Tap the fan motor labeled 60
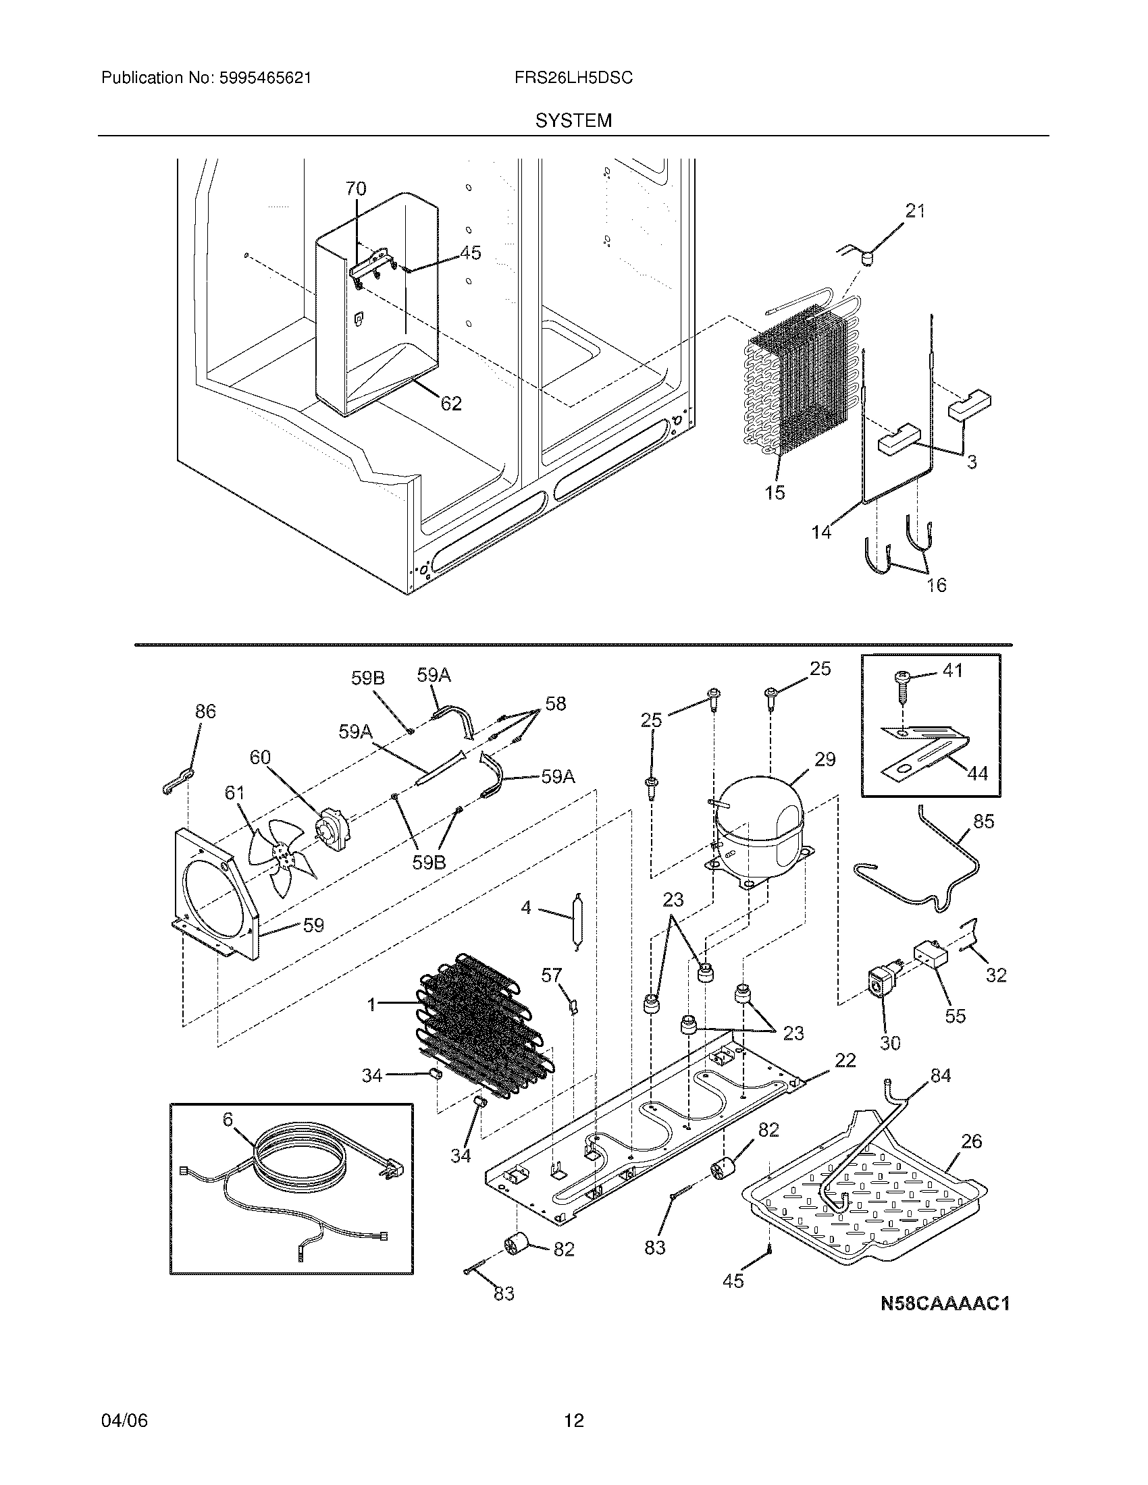(334, 830)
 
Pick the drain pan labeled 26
(864, 1204)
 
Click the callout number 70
(356, 189)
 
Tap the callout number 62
(451, 404)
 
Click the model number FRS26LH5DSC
(573, 78)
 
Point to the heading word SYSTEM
(573, 121)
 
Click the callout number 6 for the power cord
(228, 1119)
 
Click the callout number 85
(983, 821)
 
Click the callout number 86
(205, 711)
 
